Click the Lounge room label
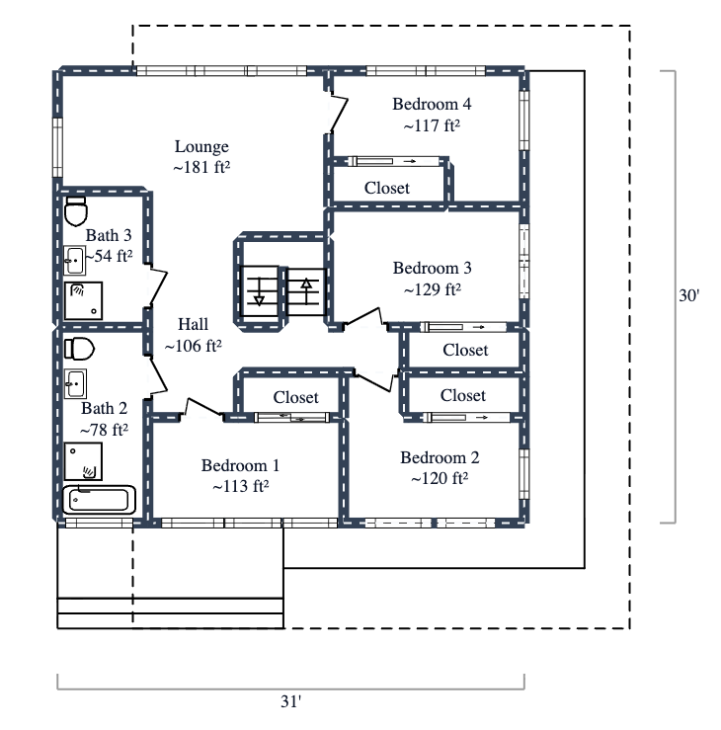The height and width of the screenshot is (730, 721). tap(201, 147)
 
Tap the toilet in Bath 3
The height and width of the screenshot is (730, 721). tap(76, 210)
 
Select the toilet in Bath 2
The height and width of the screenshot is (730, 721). tap(78, 349)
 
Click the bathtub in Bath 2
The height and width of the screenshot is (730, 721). tap(99, 500)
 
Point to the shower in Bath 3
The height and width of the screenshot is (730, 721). tap(82, 299)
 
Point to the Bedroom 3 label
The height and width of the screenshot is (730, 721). tap(433, 268)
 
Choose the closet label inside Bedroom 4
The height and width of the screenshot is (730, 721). tap(387, 188)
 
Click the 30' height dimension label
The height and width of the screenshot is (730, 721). tap(688, 295)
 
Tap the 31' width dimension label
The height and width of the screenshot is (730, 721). tap(290, 702)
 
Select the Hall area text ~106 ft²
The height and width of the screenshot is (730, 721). tap(193, 346)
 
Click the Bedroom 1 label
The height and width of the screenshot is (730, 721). tap(241, 465)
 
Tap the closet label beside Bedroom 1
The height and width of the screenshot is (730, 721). tap(295, 397)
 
